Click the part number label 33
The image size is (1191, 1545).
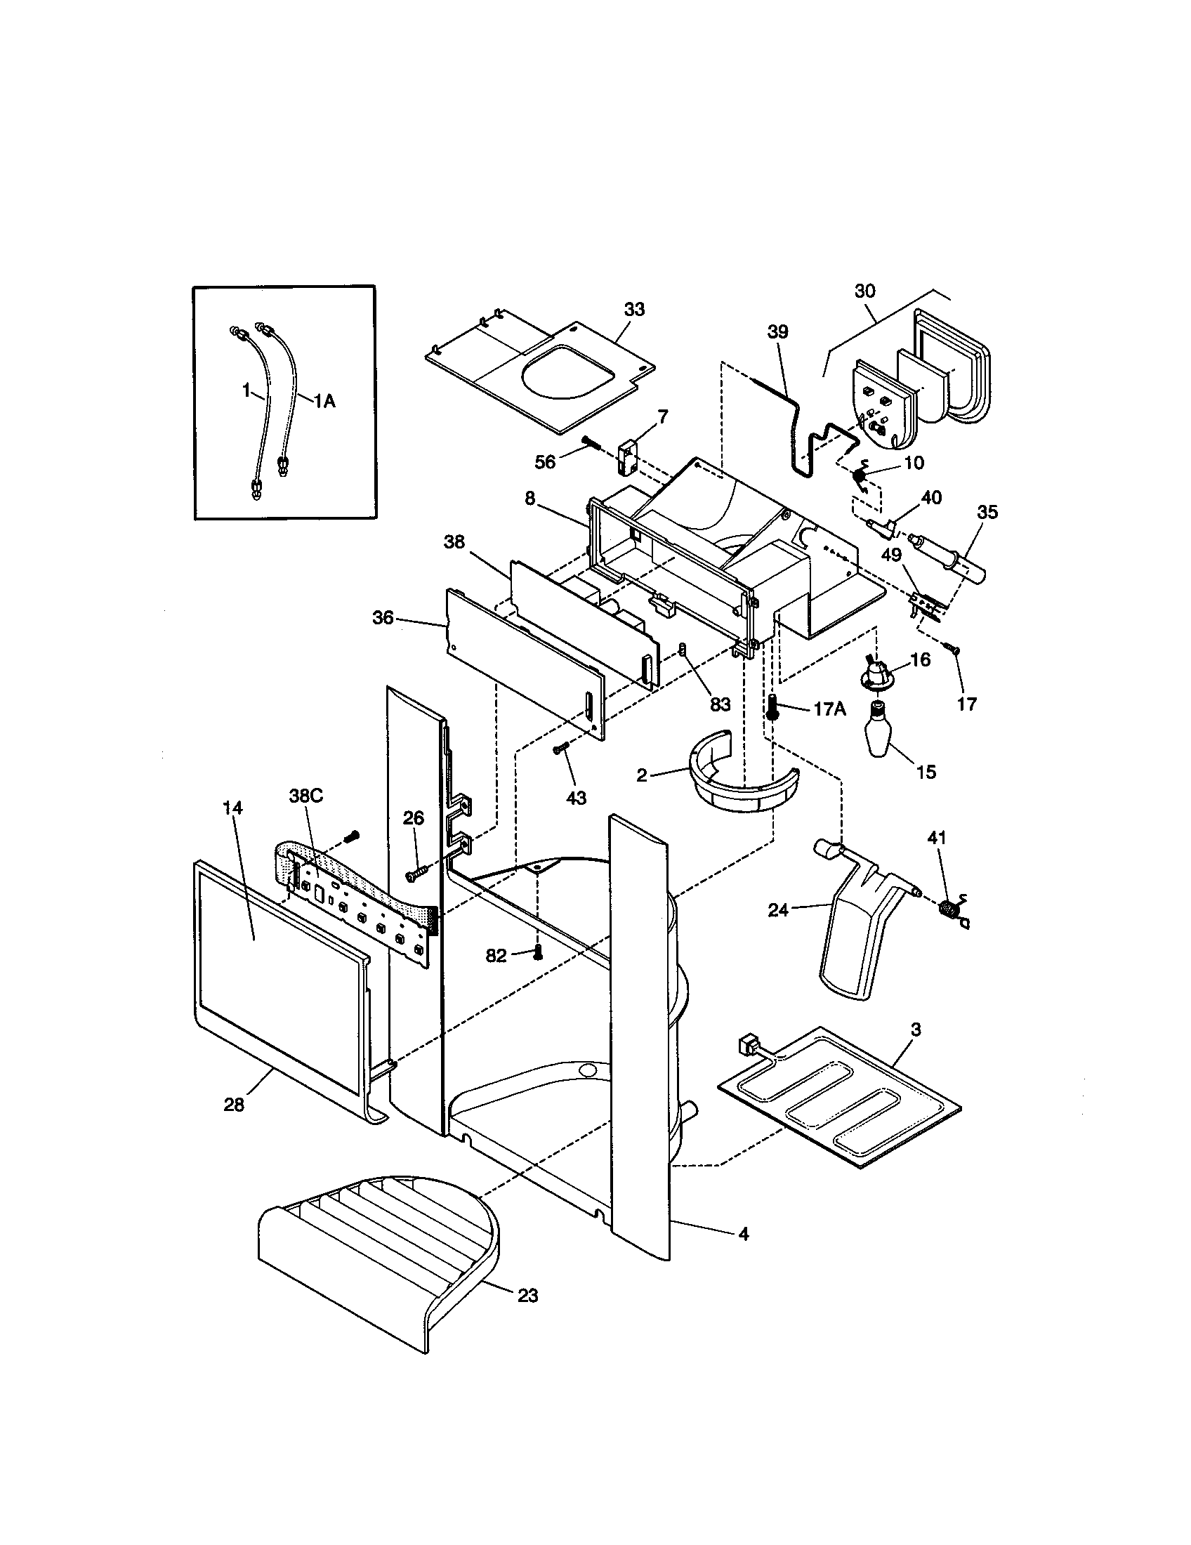click(633, 310)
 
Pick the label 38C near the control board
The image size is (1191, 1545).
click(305, 795)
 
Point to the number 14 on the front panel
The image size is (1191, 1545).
click(232, 807)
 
